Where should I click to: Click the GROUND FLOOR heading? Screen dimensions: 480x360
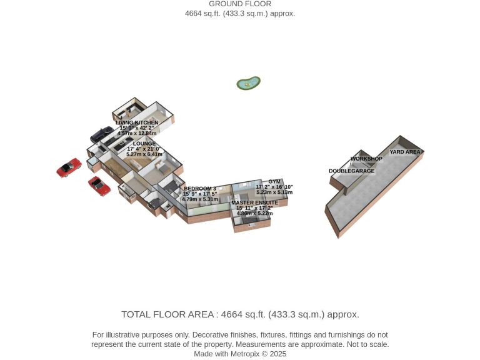tap(240, 4)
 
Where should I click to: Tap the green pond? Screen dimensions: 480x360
tap(248, 83)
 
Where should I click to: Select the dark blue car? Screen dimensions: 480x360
tap(102, 134)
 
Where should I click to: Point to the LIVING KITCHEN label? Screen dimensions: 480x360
tap(137, 122)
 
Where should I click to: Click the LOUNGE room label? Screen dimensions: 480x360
tap(144, 144)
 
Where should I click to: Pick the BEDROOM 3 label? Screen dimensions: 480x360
tap(200, 189)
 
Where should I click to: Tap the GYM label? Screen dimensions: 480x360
tap(274, 181)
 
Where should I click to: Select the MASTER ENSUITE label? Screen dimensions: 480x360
tap(255, 202)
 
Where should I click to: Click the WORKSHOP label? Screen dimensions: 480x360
tap(366, 159)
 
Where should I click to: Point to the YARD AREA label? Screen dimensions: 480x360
tap(405, 152)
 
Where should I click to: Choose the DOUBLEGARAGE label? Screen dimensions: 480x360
tap(352, 171)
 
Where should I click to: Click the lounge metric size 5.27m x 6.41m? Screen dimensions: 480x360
tap(144, 154)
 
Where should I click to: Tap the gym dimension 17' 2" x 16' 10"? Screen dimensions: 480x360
tap(274, 187)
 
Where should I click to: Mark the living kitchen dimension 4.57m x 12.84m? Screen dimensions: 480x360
tap(137, 133)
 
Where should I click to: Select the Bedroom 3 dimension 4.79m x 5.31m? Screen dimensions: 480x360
tap(200, 199)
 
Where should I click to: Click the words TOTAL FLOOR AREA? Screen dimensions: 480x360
tap(167, 314)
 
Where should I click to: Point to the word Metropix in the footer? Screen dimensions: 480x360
tap(244, 354)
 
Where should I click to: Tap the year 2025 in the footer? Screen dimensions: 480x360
tap(278, 354)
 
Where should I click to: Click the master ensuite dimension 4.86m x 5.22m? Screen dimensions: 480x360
tap(255, 213)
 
